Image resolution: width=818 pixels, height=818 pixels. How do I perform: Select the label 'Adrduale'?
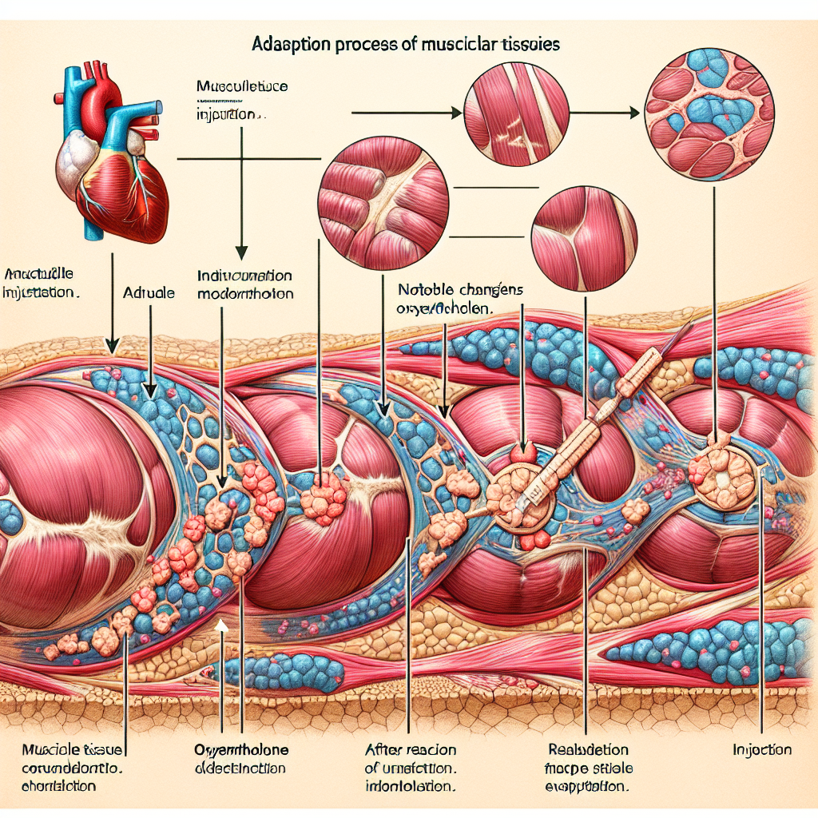tap(149, 293)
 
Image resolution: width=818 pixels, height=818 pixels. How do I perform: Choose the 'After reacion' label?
tap(410, 749)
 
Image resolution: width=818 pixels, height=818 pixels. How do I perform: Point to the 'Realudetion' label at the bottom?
tap(588, 749)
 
